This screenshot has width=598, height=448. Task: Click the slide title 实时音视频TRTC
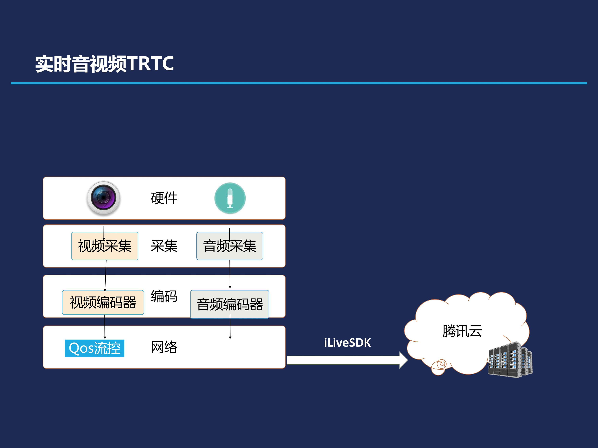104,64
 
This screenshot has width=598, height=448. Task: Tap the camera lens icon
104,198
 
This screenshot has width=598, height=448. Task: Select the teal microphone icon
230,198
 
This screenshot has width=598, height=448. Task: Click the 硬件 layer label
164,198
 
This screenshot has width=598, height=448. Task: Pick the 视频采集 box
105,246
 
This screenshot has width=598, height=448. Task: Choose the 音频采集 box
230,246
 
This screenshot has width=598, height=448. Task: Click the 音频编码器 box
230,304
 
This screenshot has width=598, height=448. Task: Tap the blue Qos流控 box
94,348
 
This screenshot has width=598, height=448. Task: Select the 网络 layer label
164,347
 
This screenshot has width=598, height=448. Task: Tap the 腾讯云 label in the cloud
462,331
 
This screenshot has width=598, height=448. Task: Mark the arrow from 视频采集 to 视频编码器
105,275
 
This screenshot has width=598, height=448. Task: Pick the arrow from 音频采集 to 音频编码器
230,274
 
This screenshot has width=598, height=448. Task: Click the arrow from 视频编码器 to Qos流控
105,327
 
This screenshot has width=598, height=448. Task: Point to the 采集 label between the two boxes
164,246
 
